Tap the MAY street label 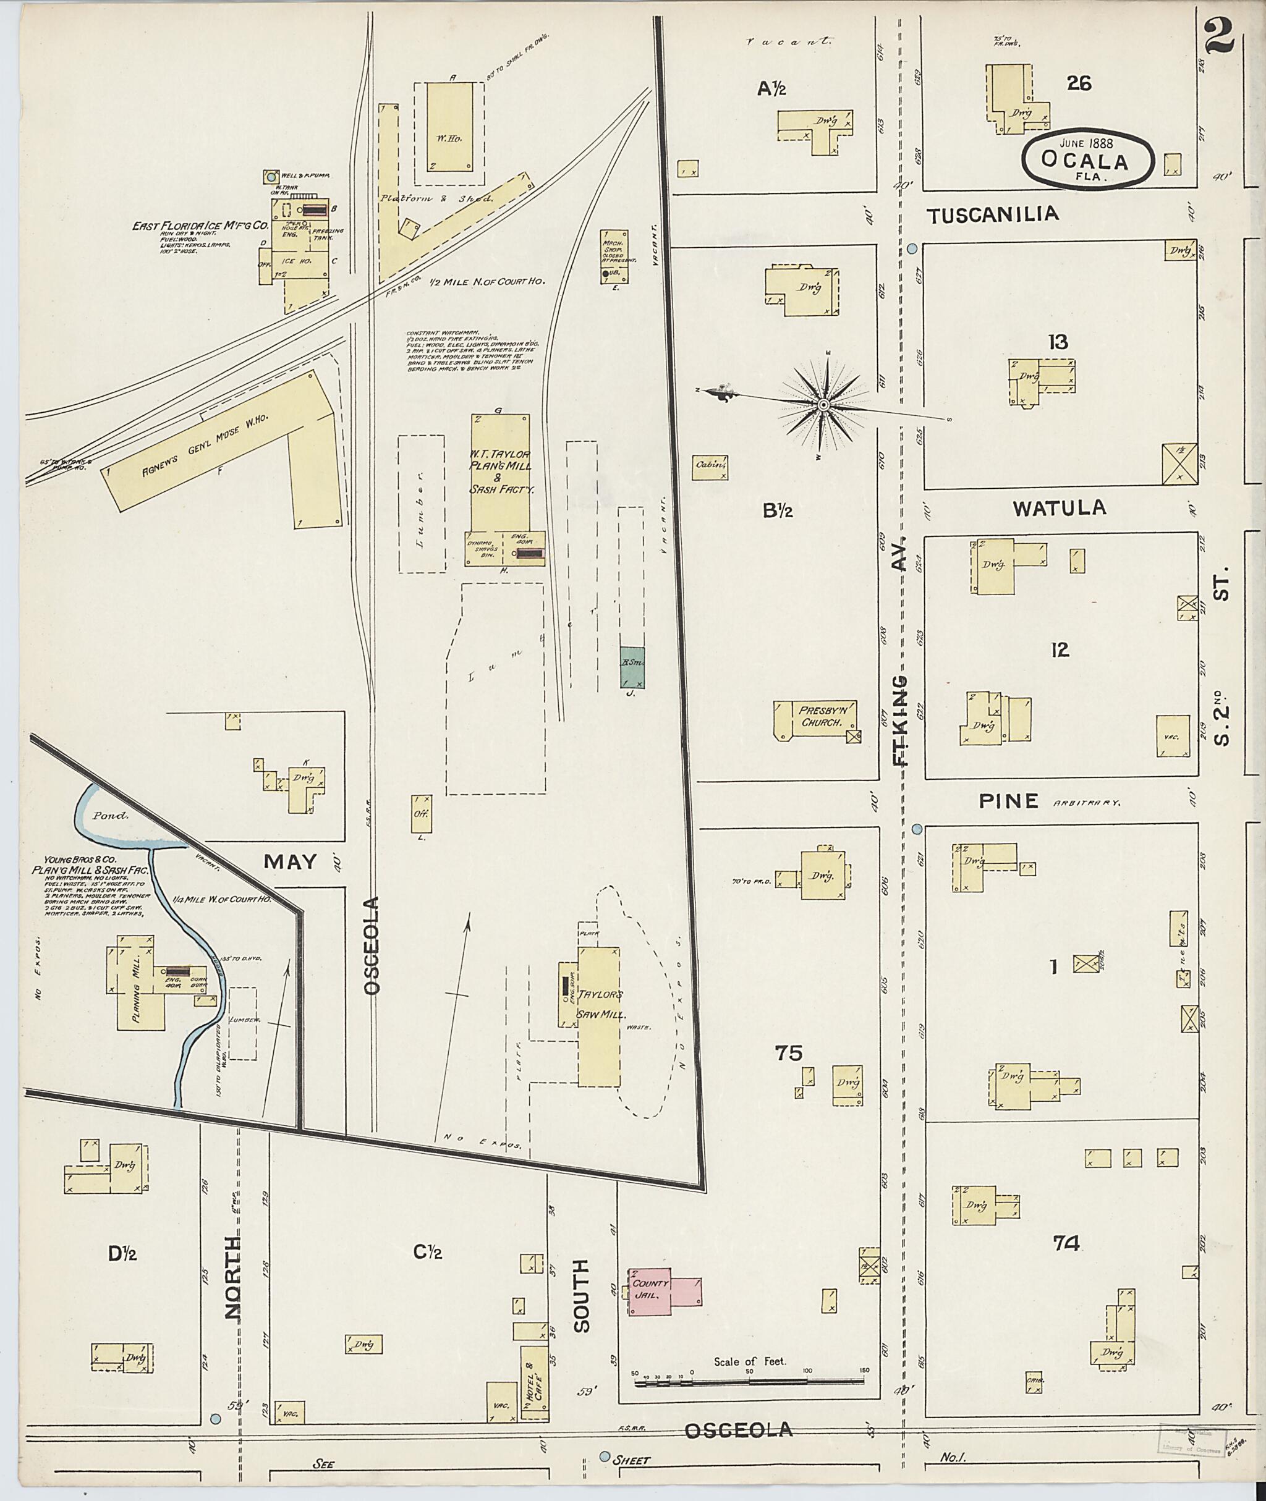(290, 861)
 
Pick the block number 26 (1079, 84)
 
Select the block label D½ (123, 1253)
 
